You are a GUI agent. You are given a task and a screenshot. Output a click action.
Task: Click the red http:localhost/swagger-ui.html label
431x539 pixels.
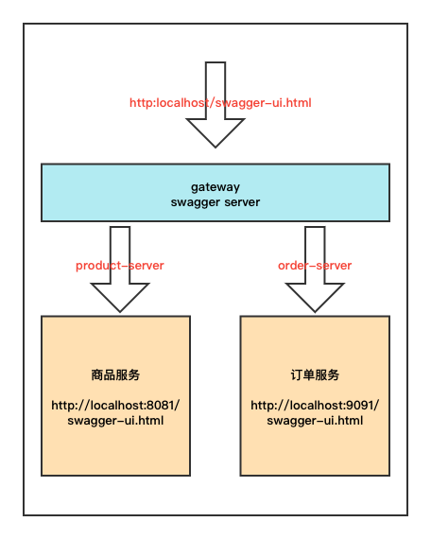220,101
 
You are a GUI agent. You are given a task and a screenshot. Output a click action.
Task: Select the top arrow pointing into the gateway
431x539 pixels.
215,104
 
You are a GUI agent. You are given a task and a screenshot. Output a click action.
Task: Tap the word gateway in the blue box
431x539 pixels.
215,187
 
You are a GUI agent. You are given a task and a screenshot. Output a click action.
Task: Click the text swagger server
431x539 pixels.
215,202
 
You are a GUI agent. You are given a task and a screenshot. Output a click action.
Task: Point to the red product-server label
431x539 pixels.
120,266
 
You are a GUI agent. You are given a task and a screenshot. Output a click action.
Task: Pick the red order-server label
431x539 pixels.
315,266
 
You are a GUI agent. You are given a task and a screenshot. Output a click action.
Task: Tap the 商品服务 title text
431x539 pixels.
115,374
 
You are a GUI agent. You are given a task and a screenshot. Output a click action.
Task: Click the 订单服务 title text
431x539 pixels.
314,374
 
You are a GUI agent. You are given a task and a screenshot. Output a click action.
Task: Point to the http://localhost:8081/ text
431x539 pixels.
115,406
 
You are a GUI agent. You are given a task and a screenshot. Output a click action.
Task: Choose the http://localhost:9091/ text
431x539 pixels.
314,406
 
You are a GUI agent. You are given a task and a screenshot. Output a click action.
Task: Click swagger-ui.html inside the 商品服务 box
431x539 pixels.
115,421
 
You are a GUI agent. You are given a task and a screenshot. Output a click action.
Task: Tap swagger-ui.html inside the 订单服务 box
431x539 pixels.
314,421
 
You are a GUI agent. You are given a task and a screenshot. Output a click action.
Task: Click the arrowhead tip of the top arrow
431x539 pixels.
215,145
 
